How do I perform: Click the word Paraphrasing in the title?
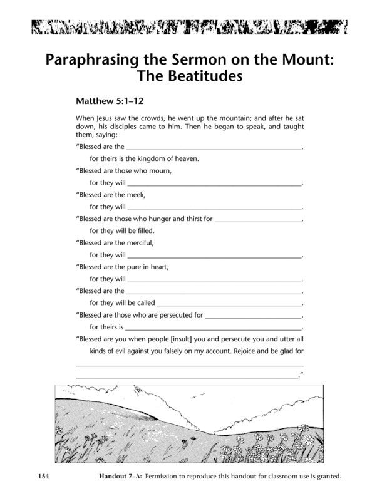pos(95,61)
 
